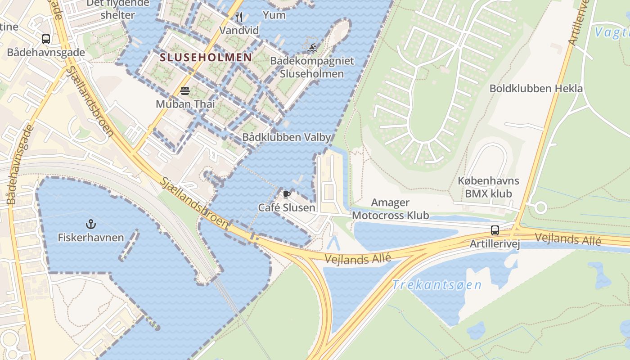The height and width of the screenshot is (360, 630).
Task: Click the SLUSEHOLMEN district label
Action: point(206,57)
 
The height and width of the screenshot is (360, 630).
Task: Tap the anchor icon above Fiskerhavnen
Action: point(91,224)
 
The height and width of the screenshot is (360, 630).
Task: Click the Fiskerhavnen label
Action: point(91,237)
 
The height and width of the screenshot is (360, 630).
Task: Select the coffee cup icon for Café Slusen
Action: point(286,194)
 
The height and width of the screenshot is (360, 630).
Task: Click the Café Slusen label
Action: point(286,207)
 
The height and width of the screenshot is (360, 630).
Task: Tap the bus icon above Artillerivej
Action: point(495,230)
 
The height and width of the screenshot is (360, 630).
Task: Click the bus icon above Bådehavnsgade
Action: point(46,39)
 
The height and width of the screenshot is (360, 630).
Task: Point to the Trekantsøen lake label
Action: point(436,285)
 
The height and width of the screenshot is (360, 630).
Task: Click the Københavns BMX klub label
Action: point(488,187)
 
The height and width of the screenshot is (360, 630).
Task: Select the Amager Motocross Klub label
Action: point(390,209)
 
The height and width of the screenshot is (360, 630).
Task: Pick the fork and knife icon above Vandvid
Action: point(239,18)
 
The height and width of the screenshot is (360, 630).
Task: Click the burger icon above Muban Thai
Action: point(185,91)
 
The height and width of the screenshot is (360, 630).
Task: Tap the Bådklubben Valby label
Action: point(286,137)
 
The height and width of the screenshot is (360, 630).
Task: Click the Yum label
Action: point(274,15)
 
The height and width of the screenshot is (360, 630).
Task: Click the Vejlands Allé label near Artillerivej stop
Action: point(567,239)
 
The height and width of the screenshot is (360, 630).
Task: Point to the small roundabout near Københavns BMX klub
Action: point(540,208)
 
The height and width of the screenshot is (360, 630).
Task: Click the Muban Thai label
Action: point(185,104)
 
